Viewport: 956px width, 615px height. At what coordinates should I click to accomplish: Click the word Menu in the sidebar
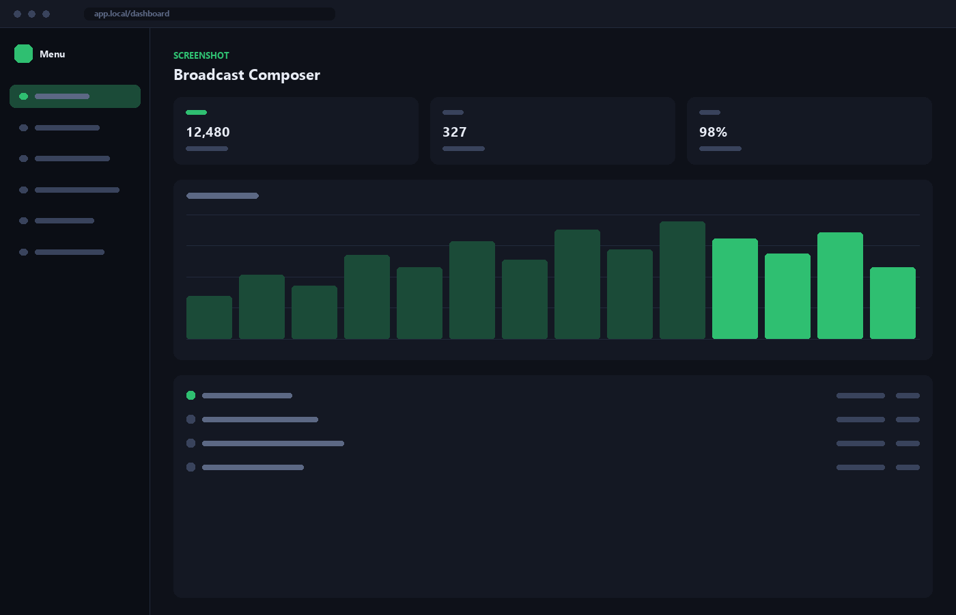pyautogui.click(x=52, y=54)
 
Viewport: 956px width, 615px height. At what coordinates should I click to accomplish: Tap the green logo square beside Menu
pyautogui.click(x=23, y=54)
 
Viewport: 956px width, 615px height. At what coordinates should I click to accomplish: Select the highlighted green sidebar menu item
pyautogui.click(x=75, y=96)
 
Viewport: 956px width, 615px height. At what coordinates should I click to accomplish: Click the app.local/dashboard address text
pyautogui.click(x=131, y=14)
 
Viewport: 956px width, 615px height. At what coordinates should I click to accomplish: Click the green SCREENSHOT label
pyautogui.click(x=201, y=55)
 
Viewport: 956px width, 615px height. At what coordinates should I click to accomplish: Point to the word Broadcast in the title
pyautogui.click(x=209, y=74)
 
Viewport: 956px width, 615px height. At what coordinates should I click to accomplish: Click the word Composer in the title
pyautogui.click(x=284, y=75)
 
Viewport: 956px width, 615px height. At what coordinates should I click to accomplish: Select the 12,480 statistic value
pyautogui.click(x=208, y=132)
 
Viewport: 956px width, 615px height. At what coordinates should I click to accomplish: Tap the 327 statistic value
pyautogui.click(x=455, y=132)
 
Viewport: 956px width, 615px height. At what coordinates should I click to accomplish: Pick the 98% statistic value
pyautogui.click(x=713, y=132)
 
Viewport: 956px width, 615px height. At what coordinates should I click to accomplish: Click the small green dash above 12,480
pyautogui.click(x=197, y=112)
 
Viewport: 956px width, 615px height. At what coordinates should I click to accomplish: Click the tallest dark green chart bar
pyautogui.click(x=682, y=280)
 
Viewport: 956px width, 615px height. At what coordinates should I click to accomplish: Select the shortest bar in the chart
pyautogui.click(x=209, y=317)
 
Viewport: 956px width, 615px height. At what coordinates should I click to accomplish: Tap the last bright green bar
pyautogui.click(x=893, y=303)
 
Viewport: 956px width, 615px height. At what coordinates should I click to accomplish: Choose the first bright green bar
pyautogui.click(x=735, y=288)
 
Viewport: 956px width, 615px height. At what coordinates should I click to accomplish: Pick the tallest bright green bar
pyautogui.click(x=840, y=286)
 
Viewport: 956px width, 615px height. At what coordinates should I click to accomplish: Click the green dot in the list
pyautogui.click(x=191, y=396)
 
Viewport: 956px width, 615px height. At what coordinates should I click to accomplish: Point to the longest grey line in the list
pyautogui.click(x=273, y=443)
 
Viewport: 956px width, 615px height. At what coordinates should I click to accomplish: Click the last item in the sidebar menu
pyautogui.click(x=62, y=252)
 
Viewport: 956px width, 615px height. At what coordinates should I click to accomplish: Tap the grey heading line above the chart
pyautogui.click(x=223, y=195)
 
